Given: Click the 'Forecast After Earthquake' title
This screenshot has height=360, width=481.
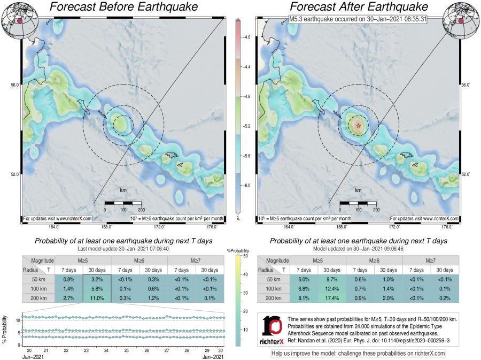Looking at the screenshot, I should [x=359, y=7].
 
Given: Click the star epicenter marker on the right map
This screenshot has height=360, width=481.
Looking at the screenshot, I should [x=358, y=125].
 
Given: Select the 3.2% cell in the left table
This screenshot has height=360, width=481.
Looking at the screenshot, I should [x=97, y=279].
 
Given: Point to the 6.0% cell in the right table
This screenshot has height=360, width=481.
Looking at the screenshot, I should [x=304, y=279].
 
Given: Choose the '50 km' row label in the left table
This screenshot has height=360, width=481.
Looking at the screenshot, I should [x=37, y=279].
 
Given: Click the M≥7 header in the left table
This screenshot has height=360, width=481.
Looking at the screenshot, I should [x=196, y=260].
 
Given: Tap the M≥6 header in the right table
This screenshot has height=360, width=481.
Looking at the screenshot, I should [x=375, y=260].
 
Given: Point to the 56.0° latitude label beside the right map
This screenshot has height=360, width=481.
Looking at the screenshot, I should [x=465, y=85].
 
